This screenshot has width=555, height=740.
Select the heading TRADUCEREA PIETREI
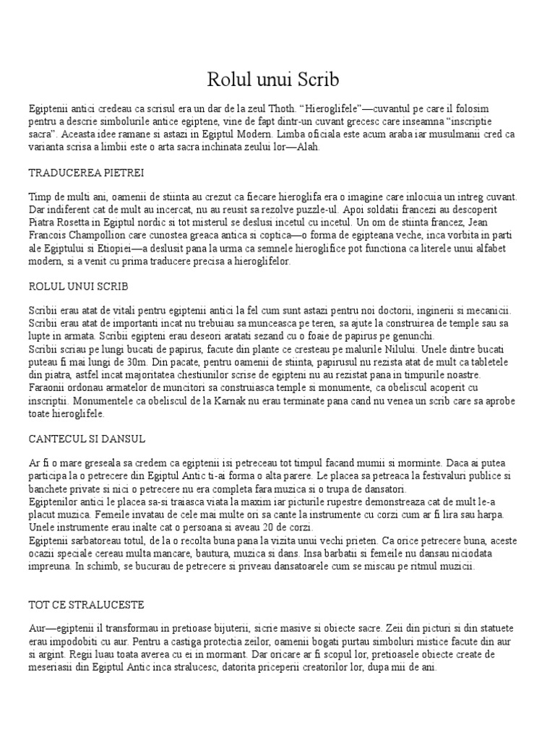tap(86, 173)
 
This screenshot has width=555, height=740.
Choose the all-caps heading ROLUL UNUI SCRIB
tap(78, 288)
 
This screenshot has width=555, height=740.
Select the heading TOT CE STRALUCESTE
tap(86, 603)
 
